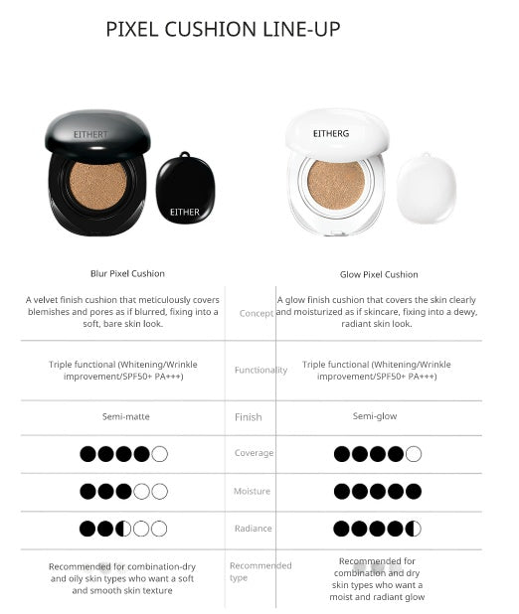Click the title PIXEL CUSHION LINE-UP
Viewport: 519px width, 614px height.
tap(223, 30)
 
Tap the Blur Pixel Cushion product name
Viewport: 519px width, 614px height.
tap(127, 273)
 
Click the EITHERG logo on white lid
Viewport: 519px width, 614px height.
tap(331, 131)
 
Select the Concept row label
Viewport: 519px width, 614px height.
tap(257, 313)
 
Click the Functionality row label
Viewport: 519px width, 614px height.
tap(260, 370)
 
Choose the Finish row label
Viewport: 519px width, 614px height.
tap(249, 417)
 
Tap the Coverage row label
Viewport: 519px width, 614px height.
tap(254, 453)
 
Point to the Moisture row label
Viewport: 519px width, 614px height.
tap(253, 491)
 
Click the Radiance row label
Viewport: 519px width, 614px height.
tap(254, 529)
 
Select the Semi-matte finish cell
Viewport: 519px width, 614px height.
tap(124, 416)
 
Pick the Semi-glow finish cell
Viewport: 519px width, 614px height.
tap(375, 416)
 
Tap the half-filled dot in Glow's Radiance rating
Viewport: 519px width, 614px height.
tap(413, 529)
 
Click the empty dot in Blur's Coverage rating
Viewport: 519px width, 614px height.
tap(159, 453)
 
